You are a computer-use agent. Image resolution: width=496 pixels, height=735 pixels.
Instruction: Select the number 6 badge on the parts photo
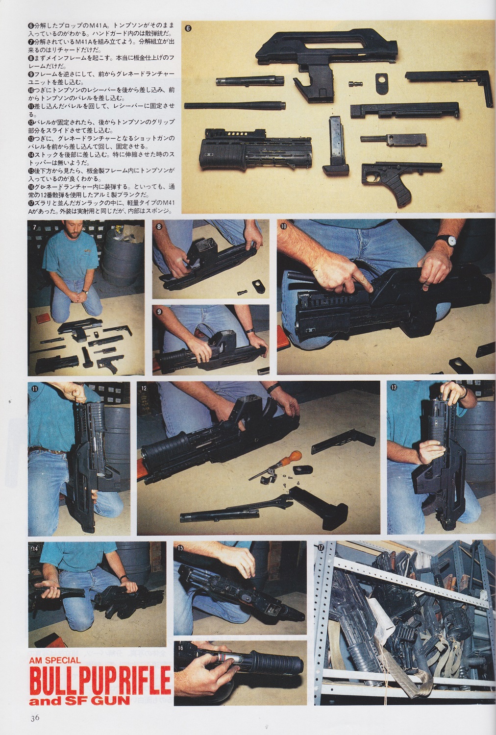pyautogui.click(x=188, y=28)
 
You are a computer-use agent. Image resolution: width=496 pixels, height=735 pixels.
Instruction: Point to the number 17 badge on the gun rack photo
pyautogui.click(x=321, y=547)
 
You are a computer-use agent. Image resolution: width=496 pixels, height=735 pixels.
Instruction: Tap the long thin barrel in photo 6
pyautogui.click(x=235, y=106)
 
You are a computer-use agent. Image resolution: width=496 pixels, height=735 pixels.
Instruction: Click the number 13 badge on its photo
pyautogui.click(x=394, y=388)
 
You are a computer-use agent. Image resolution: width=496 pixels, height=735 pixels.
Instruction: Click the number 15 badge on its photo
pyautogui.click(x=180, y=548)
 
